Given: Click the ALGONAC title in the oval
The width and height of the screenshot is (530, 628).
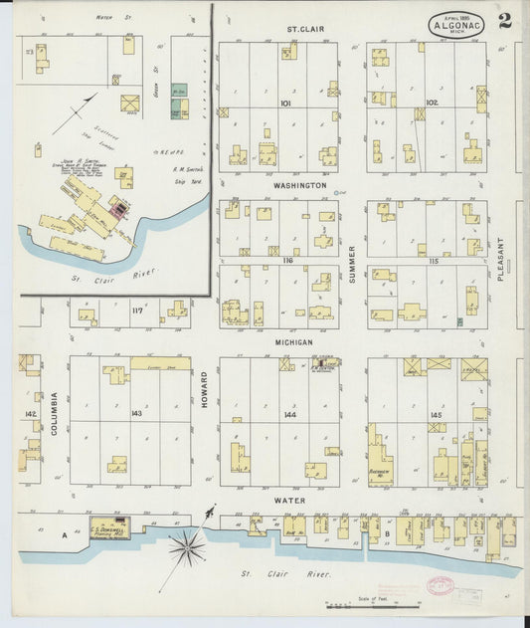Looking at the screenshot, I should [457, 25].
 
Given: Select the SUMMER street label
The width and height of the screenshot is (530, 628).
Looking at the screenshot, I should [352, 264].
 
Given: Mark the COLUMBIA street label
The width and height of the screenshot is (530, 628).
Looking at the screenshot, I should [55, 412].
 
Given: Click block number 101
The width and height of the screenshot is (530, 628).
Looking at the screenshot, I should [285, 103].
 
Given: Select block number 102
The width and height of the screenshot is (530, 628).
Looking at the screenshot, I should [432, 103].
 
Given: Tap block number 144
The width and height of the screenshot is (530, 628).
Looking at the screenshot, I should [290, 413].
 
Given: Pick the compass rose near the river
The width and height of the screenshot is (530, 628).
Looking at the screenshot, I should [187, 544].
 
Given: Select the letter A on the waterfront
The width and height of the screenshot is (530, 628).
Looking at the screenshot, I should [65, 534].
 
